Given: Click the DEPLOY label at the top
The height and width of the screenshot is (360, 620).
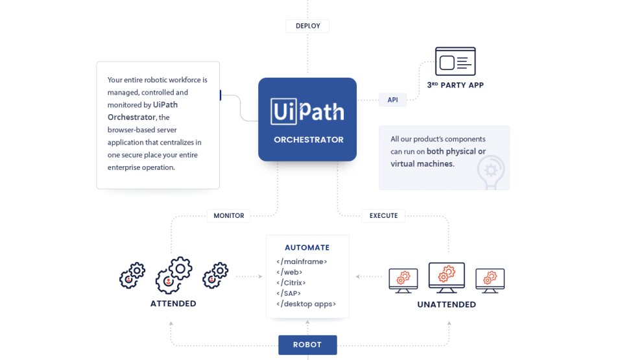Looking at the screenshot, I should [307, 26].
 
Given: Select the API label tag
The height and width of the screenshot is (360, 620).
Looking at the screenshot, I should [392, 100].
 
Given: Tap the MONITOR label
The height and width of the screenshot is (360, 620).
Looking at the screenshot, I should [228, 215].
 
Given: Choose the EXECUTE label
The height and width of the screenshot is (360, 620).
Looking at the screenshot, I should [383, 215].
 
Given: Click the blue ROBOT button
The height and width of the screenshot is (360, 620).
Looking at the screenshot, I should [307, 344].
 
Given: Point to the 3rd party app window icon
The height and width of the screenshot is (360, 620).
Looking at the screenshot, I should [455, 62].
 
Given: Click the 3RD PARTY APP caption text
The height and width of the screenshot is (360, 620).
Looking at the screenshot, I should [455, 85].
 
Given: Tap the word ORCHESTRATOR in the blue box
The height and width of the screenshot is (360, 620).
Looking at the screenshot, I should [308, 139].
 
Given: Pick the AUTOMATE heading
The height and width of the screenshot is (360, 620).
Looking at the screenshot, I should [307, 247].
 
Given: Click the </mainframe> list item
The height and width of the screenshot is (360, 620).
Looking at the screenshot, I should [302, 261].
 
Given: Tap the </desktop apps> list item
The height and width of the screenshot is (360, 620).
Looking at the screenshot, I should [306, 304].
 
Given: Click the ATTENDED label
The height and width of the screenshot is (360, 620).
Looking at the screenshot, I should [173, 304].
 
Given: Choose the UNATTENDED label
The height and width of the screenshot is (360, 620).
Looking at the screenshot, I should [446, 304].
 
